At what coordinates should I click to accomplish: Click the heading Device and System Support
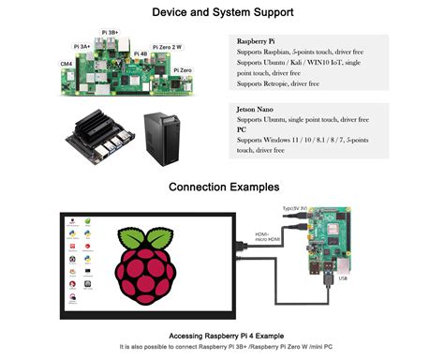coord(222,13)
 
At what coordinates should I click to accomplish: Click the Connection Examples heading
coord(222,187)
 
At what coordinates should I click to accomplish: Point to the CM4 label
coord(66,64)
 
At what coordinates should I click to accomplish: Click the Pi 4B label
coord(141,54)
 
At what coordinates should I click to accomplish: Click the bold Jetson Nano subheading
coord(258,109)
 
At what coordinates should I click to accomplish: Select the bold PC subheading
coord(242,129)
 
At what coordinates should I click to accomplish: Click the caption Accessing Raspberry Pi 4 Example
coord(222,336)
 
